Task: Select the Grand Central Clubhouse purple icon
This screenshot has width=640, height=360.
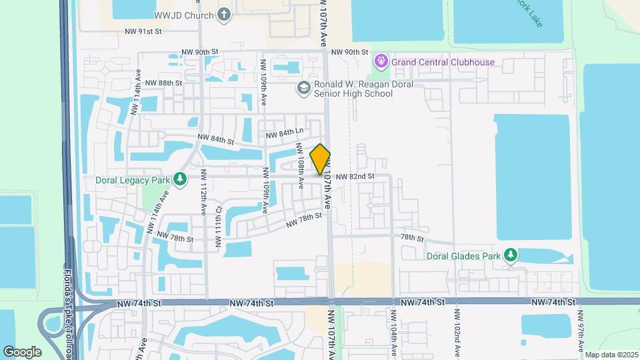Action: (381, 62)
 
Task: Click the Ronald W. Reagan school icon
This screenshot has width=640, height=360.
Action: (303, 88)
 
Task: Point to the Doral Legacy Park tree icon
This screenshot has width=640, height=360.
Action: (179, 179)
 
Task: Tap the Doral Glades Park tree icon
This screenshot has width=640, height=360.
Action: (511, 255)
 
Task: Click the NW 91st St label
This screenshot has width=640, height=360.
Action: (143, 31)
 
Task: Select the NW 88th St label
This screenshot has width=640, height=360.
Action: (163, 83)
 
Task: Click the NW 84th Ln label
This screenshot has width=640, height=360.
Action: (285, 134)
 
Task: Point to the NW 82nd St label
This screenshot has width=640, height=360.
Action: (355, 177)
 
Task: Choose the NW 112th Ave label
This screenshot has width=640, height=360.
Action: (203, 198)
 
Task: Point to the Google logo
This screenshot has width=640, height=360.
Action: (22, 351)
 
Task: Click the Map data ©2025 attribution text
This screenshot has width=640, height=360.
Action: (611, 355)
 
